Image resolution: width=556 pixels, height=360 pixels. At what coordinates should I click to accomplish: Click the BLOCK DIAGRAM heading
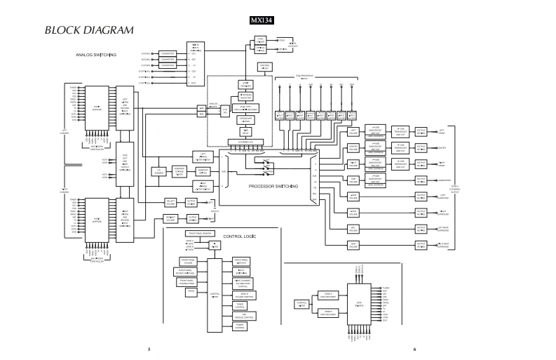click(89, 30)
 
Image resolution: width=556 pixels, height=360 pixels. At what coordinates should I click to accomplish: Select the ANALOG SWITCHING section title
click(96, 55)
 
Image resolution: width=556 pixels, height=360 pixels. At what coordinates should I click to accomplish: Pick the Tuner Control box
click(240, 306)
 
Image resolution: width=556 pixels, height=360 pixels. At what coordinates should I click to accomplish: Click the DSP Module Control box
click(240, 316)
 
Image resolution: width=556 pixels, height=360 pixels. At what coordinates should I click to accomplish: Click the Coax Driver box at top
click(260, 40)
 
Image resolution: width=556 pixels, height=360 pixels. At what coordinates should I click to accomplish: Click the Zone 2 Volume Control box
click(240, 295)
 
